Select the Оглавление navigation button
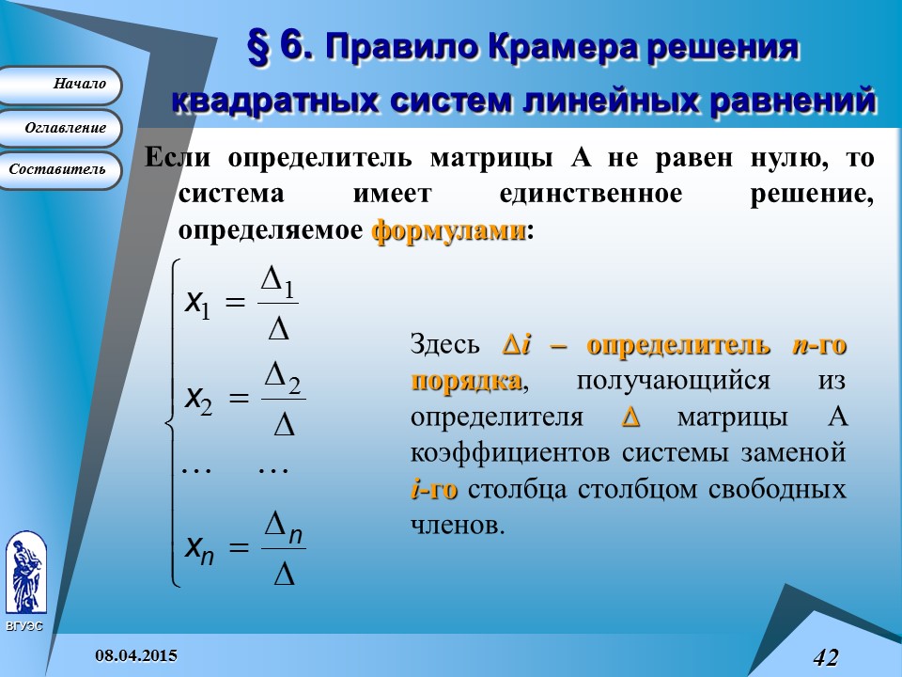(59, 129)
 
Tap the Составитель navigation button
(59, 170)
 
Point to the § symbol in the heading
(259, 47)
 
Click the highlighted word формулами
(449, 231)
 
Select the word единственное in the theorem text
(591, 194)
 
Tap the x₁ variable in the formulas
(197, 304)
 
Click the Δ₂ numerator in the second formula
(283, 378)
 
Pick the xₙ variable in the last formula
(199, 548)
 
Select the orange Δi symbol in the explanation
(516, 345)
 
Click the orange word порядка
(467, 381)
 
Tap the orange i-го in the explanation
(434, 489)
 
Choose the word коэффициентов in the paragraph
(510, 453)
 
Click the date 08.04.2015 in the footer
(136, 655)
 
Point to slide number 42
(826, 657)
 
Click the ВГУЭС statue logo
(26, 573)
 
